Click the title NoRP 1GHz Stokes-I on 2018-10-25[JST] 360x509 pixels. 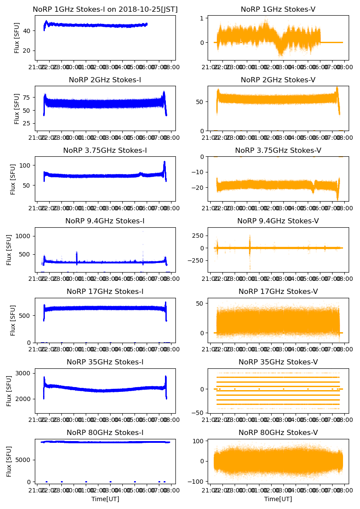(105, 10)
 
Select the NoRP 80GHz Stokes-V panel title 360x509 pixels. (278, 432)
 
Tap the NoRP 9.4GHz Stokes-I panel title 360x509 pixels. (105, 221)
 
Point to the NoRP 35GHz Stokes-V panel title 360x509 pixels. (278, 362)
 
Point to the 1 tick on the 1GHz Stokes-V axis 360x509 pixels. (203, 18)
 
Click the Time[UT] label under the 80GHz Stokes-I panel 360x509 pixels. (105, 499)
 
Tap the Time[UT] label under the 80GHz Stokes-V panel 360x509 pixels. (278, 499)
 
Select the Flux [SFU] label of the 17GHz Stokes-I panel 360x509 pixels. (13, 320)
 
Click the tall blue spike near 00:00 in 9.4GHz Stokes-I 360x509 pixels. (77, 253)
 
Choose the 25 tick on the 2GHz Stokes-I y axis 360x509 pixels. (28, 124)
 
